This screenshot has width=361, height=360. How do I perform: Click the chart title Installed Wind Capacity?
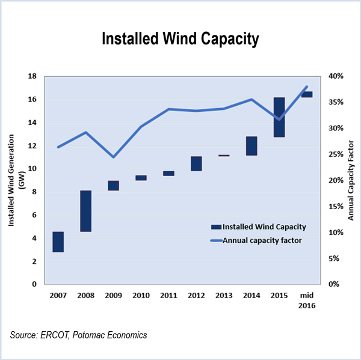180,39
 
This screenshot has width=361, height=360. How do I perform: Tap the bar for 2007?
58,242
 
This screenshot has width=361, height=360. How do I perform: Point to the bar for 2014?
251,146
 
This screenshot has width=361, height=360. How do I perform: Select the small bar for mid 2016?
306,94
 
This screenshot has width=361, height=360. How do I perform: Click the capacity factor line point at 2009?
113,157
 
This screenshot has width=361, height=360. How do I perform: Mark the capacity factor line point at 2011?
169,109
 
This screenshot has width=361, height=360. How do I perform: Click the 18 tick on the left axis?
33,76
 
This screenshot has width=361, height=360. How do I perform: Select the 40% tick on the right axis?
336,76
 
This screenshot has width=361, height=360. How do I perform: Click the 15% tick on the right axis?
336,206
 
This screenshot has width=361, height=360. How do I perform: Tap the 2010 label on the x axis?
141,295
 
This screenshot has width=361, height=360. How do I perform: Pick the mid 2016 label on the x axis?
307,300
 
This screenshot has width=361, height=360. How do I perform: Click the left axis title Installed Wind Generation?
11,180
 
